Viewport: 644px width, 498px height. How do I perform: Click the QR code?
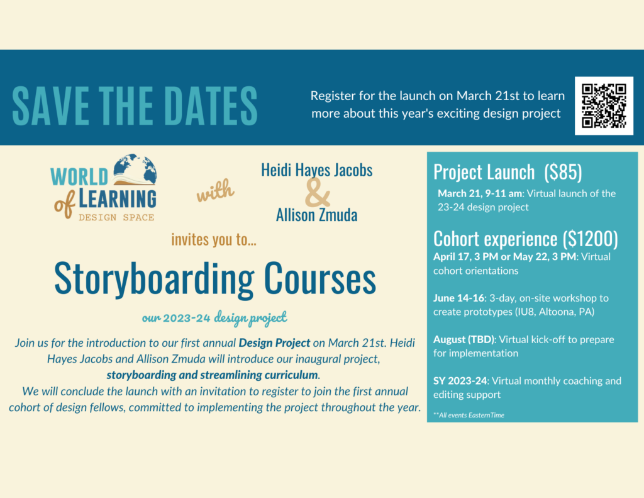(604, 106)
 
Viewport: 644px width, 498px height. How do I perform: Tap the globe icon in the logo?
(135, 169)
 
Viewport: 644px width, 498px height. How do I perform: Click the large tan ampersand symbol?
(317, 193)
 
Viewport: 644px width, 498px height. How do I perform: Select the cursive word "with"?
(215, 190)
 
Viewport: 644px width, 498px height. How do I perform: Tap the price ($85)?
(563, 172)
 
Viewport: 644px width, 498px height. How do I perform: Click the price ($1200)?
(590, 239)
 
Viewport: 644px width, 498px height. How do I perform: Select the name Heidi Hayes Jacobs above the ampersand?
(317, 170)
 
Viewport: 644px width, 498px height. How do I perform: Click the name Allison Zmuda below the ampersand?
(317, 215)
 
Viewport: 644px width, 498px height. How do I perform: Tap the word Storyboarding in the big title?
(154, 280)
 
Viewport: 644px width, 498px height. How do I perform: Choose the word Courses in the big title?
(320, 278)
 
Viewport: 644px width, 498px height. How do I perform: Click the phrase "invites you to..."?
(214, 239)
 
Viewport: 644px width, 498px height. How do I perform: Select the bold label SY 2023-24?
(460, 381)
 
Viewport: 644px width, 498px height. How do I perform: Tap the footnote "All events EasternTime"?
(469, 415)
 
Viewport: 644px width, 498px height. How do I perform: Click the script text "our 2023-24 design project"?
(214, 317)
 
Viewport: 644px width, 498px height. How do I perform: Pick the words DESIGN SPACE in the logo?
(116, 217)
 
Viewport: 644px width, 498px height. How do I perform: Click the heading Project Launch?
(484, 172)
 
